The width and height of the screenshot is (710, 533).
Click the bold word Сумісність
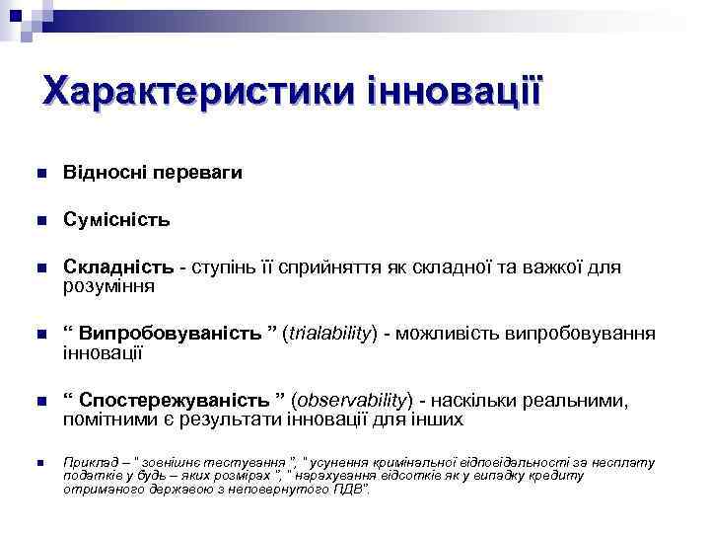point(116,218)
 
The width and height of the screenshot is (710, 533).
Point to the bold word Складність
point(119,266)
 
